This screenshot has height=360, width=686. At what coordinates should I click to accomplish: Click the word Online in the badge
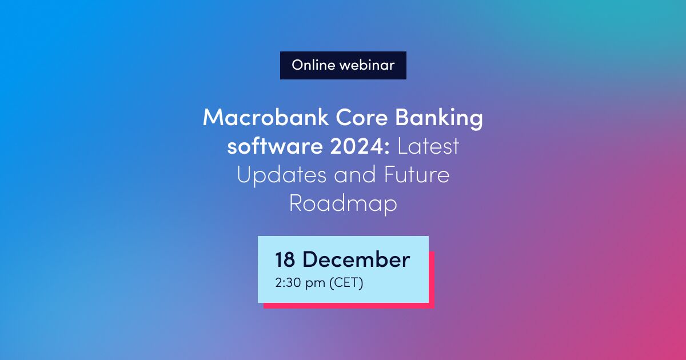click(313, 65)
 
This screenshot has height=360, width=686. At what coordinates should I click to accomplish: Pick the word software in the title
click(265, 147)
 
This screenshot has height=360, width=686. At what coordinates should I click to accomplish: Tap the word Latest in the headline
click(428, 147)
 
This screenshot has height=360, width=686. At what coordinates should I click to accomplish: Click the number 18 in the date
click(285, 260)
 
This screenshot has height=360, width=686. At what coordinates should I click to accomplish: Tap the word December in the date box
click(356, 260)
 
